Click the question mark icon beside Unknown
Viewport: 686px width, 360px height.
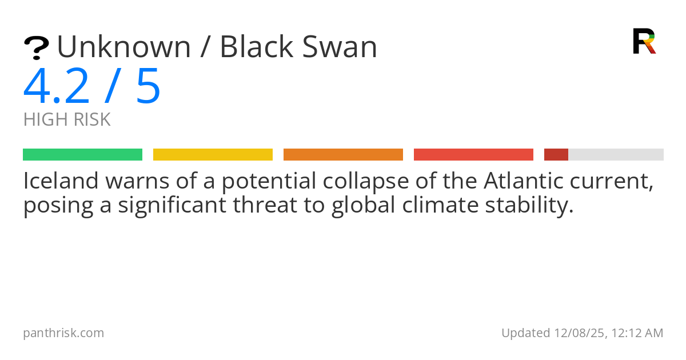point(36,48)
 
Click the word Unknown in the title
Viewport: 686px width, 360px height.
point(123,47)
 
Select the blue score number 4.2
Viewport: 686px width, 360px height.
point(57,87)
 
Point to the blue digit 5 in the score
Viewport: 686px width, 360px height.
point(148,87)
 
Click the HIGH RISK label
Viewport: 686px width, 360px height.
point(67,120)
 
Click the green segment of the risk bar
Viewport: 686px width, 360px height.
point(82,155)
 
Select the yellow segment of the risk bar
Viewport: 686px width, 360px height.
point(213,155)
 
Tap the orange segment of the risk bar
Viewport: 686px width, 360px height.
point(343,155)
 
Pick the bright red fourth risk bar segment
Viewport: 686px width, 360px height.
point(473,155)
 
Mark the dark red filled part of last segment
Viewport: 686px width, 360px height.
point(556,155)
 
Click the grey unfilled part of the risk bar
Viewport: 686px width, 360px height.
point(616,155)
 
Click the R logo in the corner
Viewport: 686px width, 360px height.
point(644,41)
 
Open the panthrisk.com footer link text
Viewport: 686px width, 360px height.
point(63,333)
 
